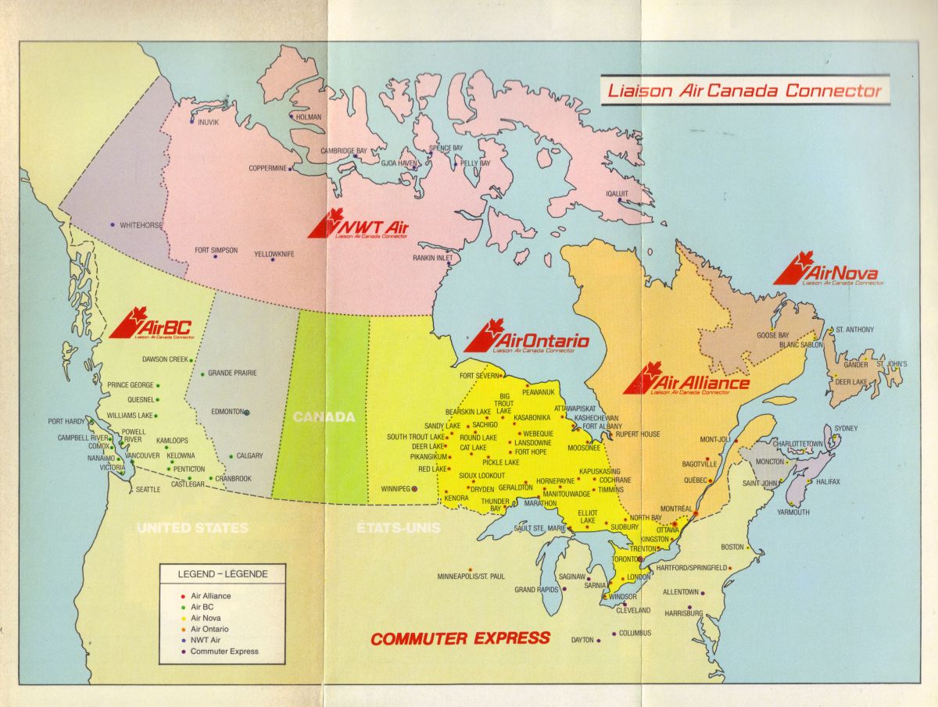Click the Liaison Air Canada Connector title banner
744,91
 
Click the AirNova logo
827,271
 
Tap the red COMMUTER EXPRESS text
460,638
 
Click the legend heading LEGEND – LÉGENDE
222,574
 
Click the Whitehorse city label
141,225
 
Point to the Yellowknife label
274,254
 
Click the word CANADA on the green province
324,417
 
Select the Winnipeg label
396,488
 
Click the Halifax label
825,482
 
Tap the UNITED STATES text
192,527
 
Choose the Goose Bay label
772,335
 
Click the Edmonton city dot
246,412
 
